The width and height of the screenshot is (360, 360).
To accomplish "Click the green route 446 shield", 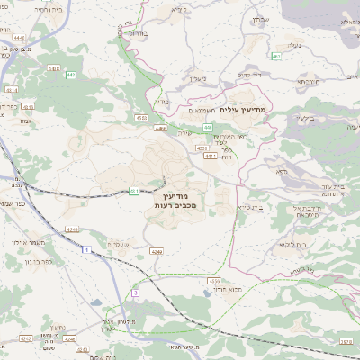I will pyautogui.click(x=206, y=128).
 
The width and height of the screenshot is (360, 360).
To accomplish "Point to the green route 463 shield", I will pyautogui.click(x=276, y=57).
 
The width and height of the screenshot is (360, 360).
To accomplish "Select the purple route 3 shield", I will pyautogui.click(x=135, y=292).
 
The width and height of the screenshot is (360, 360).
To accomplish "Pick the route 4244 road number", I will pyautogui.click(x=72, y=230).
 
